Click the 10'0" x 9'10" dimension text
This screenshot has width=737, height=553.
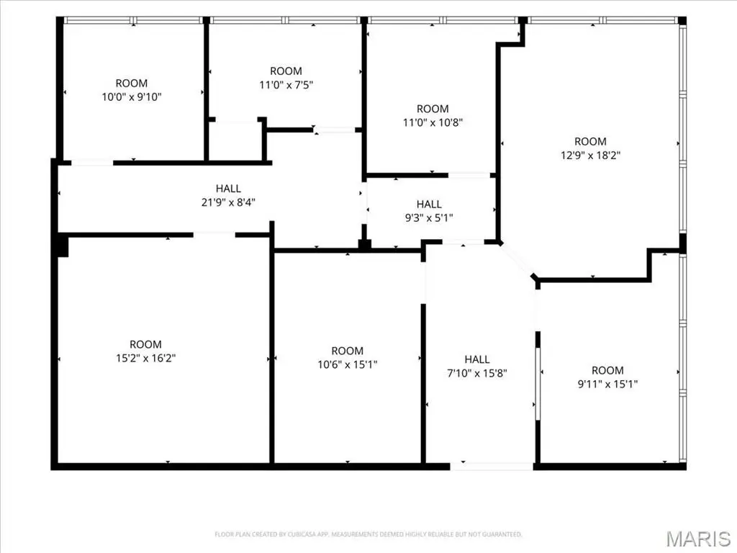[x=132, y=97]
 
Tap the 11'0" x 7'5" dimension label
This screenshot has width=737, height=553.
[x=286, y=85]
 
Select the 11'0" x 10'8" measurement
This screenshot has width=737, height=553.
[x=433, y=122]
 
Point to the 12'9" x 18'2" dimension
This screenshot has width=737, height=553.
[x=591, y=156]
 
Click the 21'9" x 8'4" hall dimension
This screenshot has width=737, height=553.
[x=228, y=202]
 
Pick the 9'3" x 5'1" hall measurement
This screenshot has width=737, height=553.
[x=429, y=217]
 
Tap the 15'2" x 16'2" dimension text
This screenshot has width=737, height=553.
[x=145, y=358]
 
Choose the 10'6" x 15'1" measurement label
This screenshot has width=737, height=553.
[x=348, y=364]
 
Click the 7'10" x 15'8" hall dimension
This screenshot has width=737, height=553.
[x=477, y=373]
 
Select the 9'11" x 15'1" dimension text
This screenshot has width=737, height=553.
[x=607, y=384]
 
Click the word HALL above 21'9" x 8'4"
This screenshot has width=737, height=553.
[x=228, y=189]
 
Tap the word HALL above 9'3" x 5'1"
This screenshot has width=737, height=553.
[x=429, y=204]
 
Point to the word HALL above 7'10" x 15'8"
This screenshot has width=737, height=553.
[x=477, y=359]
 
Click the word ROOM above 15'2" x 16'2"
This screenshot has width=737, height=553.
[x=145, y=344]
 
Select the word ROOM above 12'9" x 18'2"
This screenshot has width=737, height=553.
[x=591, y=142]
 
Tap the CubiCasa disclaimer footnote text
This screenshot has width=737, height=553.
[x=368, y=534]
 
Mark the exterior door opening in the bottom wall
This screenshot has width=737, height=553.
[x=492, y=467]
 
